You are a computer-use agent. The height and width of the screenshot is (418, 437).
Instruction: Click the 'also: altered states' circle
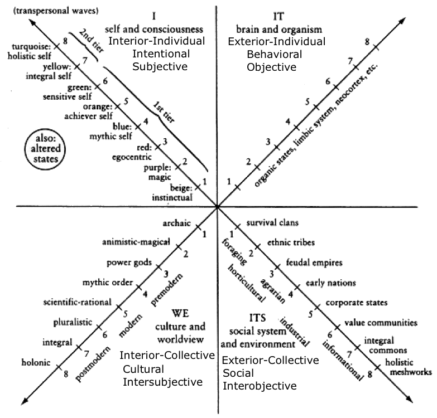click(45, 149)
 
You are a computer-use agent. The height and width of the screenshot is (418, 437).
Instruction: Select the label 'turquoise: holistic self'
click(29, 51)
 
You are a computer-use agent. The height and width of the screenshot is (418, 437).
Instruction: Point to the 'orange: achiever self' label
click(88, 111)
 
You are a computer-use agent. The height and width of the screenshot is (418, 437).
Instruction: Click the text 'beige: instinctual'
click(172, 193)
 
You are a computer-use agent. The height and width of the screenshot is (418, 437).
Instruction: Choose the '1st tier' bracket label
click(164, 113)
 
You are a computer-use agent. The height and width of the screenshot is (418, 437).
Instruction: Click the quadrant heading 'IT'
click(278, 16)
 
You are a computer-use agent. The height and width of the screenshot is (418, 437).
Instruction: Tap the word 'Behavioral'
click(274, 54)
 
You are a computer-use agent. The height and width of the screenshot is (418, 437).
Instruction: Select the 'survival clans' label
click(272, 222)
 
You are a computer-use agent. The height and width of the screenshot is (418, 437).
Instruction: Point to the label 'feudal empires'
click(314, 263)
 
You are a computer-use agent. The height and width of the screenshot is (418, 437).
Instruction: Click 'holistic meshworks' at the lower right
click(409, 367)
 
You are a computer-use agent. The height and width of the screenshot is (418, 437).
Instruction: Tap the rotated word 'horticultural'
click(246, 283)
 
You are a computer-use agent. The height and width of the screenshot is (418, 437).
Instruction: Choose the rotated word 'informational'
click(343, 361)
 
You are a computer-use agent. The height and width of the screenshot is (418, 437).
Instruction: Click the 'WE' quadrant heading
click(180, 313)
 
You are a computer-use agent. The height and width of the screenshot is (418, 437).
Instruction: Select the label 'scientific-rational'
click(77, 302)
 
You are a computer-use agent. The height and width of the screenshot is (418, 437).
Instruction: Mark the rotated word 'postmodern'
click(93, 363)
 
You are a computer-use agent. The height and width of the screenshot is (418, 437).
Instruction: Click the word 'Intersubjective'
click(163, 382)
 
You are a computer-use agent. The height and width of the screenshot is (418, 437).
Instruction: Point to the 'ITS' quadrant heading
click(257, 318)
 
